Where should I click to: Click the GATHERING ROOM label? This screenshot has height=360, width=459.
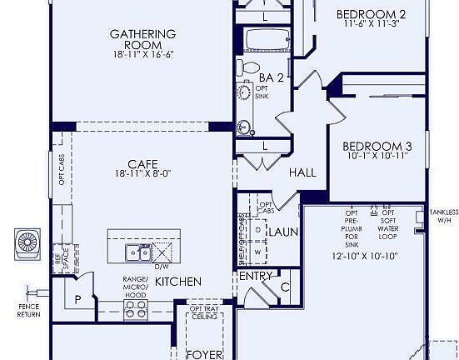click(x=143, y=40)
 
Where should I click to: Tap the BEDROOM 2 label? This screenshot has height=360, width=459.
click(x=371, y=14)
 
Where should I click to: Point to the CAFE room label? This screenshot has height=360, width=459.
click(x=143, y=164)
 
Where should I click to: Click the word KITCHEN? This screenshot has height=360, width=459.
click(x=177, y=282)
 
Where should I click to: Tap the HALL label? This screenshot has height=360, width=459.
click(x=302, y=172)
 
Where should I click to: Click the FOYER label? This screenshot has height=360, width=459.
click(x=203, y=353)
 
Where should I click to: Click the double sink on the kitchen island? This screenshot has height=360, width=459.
click(x=138, y=252)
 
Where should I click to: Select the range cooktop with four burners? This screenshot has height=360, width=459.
click(x=136, y=310)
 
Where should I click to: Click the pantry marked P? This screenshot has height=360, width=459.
click(x=78, y=299)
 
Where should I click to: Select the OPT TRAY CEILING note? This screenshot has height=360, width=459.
click(x=203, y=314)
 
